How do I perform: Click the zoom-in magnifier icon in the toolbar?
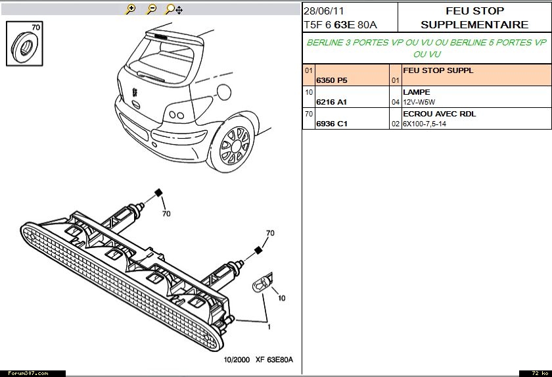tap(131, 9)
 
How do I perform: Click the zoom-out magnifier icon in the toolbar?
tap(151, 9)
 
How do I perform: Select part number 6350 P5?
tap(332, 80)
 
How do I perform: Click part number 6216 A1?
tap(331, 102)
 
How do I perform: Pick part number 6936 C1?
tap(332, 124)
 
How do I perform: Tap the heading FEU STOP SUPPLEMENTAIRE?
tap(474, 18)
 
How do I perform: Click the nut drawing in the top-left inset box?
tap(24, 45)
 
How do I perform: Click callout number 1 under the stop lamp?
tap(269, 327)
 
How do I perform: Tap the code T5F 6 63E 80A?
tap(340, 25)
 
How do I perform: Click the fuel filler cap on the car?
tap(223, 89)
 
